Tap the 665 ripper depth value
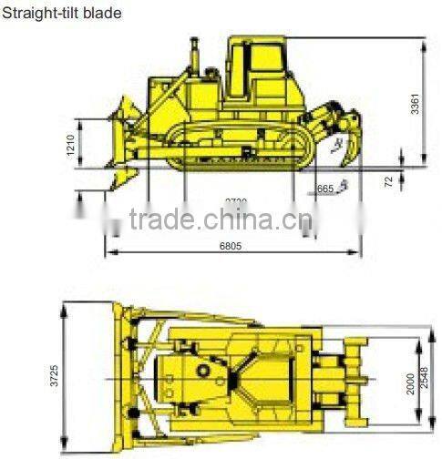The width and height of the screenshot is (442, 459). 324,189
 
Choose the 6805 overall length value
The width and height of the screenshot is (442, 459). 231,246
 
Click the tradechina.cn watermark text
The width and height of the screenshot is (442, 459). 219,219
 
